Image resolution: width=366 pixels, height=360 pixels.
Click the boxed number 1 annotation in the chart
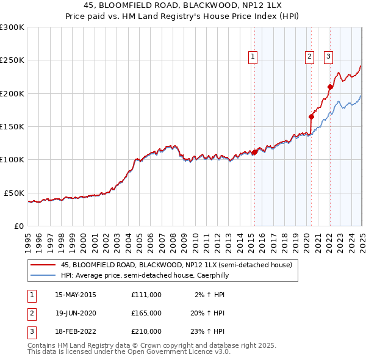[x=253, y=57]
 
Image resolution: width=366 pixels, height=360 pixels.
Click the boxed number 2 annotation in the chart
[x=309, y=57]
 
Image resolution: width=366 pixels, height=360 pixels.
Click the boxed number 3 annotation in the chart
[x=328, y=57]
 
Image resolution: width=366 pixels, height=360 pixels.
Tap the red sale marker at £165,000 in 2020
[x=311, y=117]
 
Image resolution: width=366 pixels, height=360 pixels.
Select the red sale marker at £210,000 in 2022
[x=330, y=87]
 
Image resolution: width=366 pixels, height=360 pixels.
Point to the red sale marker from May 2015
[x=254, y=153]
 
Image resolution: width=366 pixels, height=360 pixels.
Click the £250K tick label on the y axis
[x=12, y=60]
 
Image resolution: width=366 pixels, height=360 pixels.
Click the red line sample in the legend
[x=43, y=265]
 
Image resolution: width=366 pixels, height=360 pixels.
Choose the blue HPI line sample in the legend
[x=43, y=275]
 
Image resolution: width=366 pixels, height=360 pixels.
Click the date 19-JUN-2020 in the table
[x=76, y=313]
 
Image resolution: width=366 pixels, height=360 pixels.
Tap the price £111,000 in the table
[x=146, y=295]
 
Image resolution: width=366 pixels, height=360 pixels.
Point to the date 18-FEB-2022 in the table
[x=76, y=331]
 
